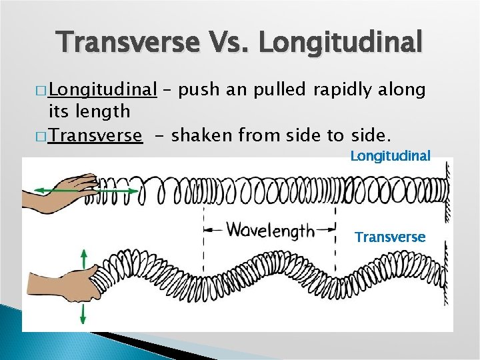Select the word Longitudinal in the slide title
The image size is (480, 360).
click(x=340, y=43)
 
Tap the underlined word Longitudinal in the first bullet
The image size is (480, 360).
click(x=102, y=90)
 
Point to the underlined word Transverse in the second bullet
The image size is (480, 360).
click(x=95, y=136)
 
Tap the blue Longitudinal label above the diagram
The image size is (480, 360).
click(x=391, y=156)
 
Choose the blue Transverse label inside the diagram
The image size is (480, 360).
click(x=390, y=237)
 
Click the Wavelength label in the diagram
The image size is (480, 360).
click(x=270, y=231)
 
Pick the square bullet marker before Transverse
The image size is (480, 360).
click(x=42, y=137)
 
